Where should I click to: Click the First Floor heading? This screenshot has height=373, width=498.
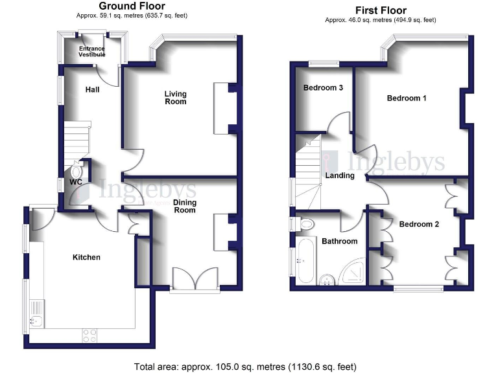click(x=381, y=10)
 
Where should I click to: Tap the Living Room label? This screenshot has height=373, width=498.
click(x=175, y=97)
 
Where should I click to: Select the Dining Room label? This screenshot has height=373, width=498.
click(x=185, y=207)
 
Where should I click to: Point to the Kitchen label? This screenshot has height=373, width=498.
click(x=86, y=257)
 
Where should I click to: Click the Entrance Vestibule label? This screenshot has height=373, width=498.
click(x=92, y=52)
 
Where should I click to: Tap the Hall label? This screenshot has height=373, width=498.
click(x=92, y=89)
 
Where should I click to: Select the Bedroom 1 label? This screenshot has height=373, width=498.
click(x=407, y=98)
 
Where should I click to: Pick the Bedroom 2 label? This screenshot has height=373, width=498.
click(x=419, y=225)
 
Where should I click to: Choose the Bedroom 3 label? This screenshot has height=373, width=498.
click(x=323, y=88)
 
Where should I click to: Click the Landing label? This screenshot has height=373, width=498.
click(x=340, y=175)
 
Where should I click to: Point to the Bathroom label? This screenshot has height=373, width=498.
click(x=339, y=241)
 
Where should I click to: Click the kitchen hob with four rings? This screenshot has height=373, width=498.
click(x=89, y=335)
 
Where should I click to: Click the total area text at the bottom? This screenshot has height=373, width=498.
click(x=249, y=367)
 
